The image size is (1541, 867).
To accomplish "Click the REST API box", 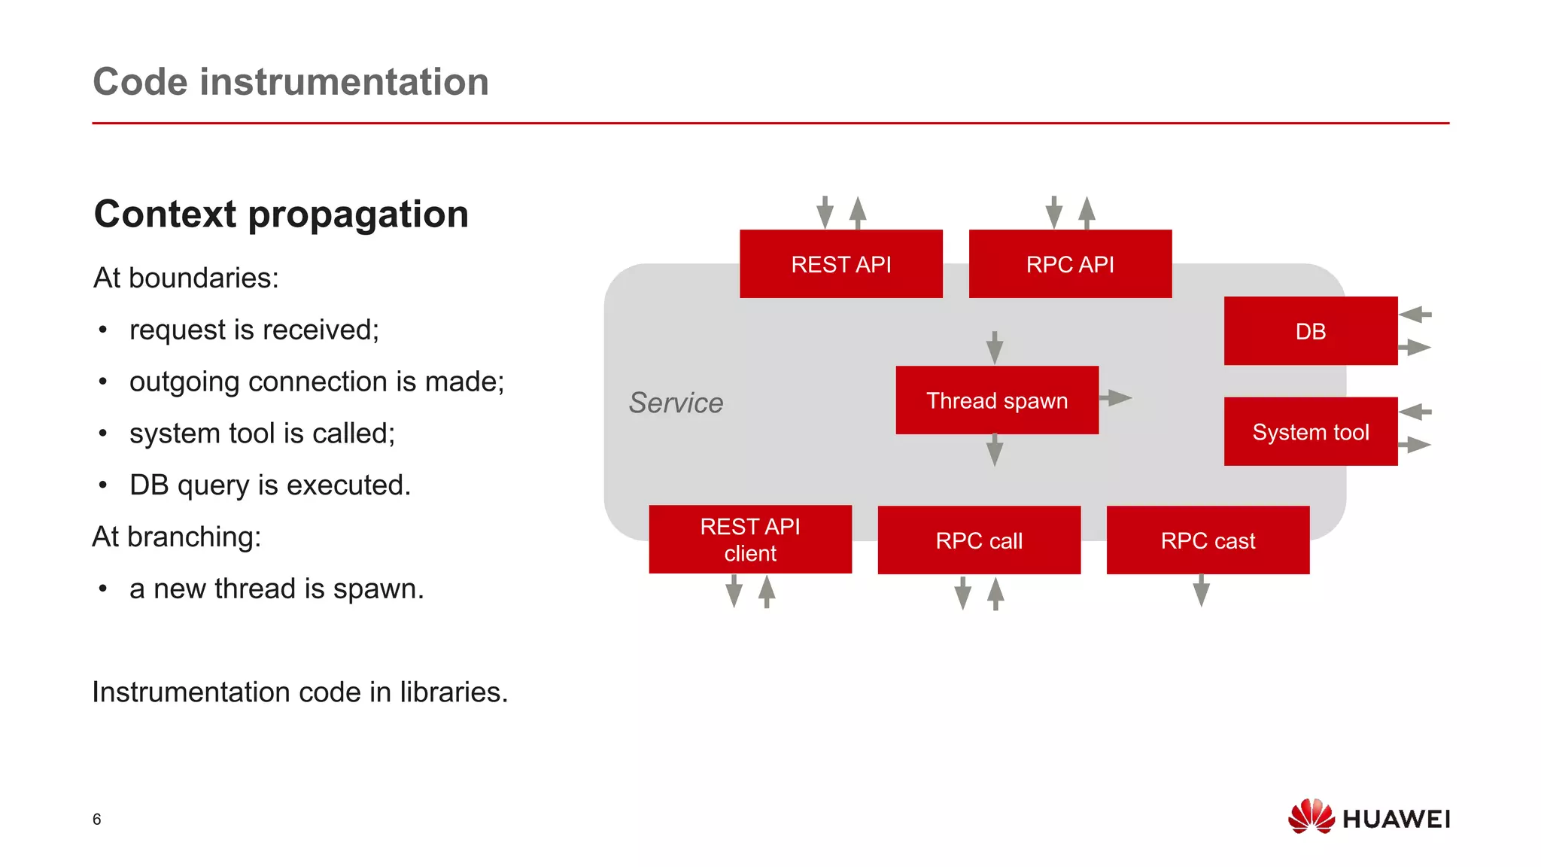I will pyautogui.click(x=840, y=264).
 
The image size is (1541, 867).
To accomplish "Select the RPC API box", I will pyautogui.click(x=1069, y=264).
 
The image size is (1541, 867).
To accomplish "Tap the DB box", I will pyautogui.click(x=1310, y=331).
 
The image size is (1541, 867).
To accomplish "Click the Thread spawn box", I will pyautogui.click(x=996, y=400).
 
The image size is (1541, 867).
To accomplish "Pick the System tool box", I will pyautogui.click(x=1310, y=432).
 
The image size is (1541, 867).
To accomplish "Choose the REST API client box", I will pyautogui.click(x=749, y=540).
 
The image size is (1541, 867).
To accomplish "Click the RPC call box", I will pyautogui.click(x=978, y=540).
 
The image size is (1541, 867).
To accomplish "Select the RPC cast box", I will pyautogui.click(x=1207, y=540).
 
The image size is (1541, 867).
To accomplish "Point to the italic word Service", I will pyautogui.click(x=675, y=403).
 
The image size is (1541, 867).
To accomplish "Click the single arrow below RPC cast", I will pyautogui.click(x=1201, y=591).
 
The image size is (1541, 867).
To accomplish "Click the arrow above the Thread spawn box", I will pyautogui.click(x=994, y=348).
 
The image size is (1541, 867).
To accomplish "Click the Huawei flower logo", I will pyautogui.click(x=1310, y=817).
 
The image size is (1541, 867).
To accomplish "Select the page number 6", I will pyautogui.click(x=96, y=820).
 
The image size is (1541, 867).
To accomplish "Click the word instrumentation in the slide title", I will pyautogui.click(x=344, y=81).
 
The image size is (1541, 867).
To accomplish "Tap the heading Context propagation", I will pyautogui.click(x=281, y=214).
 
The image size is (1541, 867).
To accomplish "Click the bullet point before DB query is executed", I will pyautogui.click(x=103, y=485).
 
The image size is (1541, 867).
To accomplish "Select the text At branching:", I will pyautogui.click(x=177, y=537).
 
